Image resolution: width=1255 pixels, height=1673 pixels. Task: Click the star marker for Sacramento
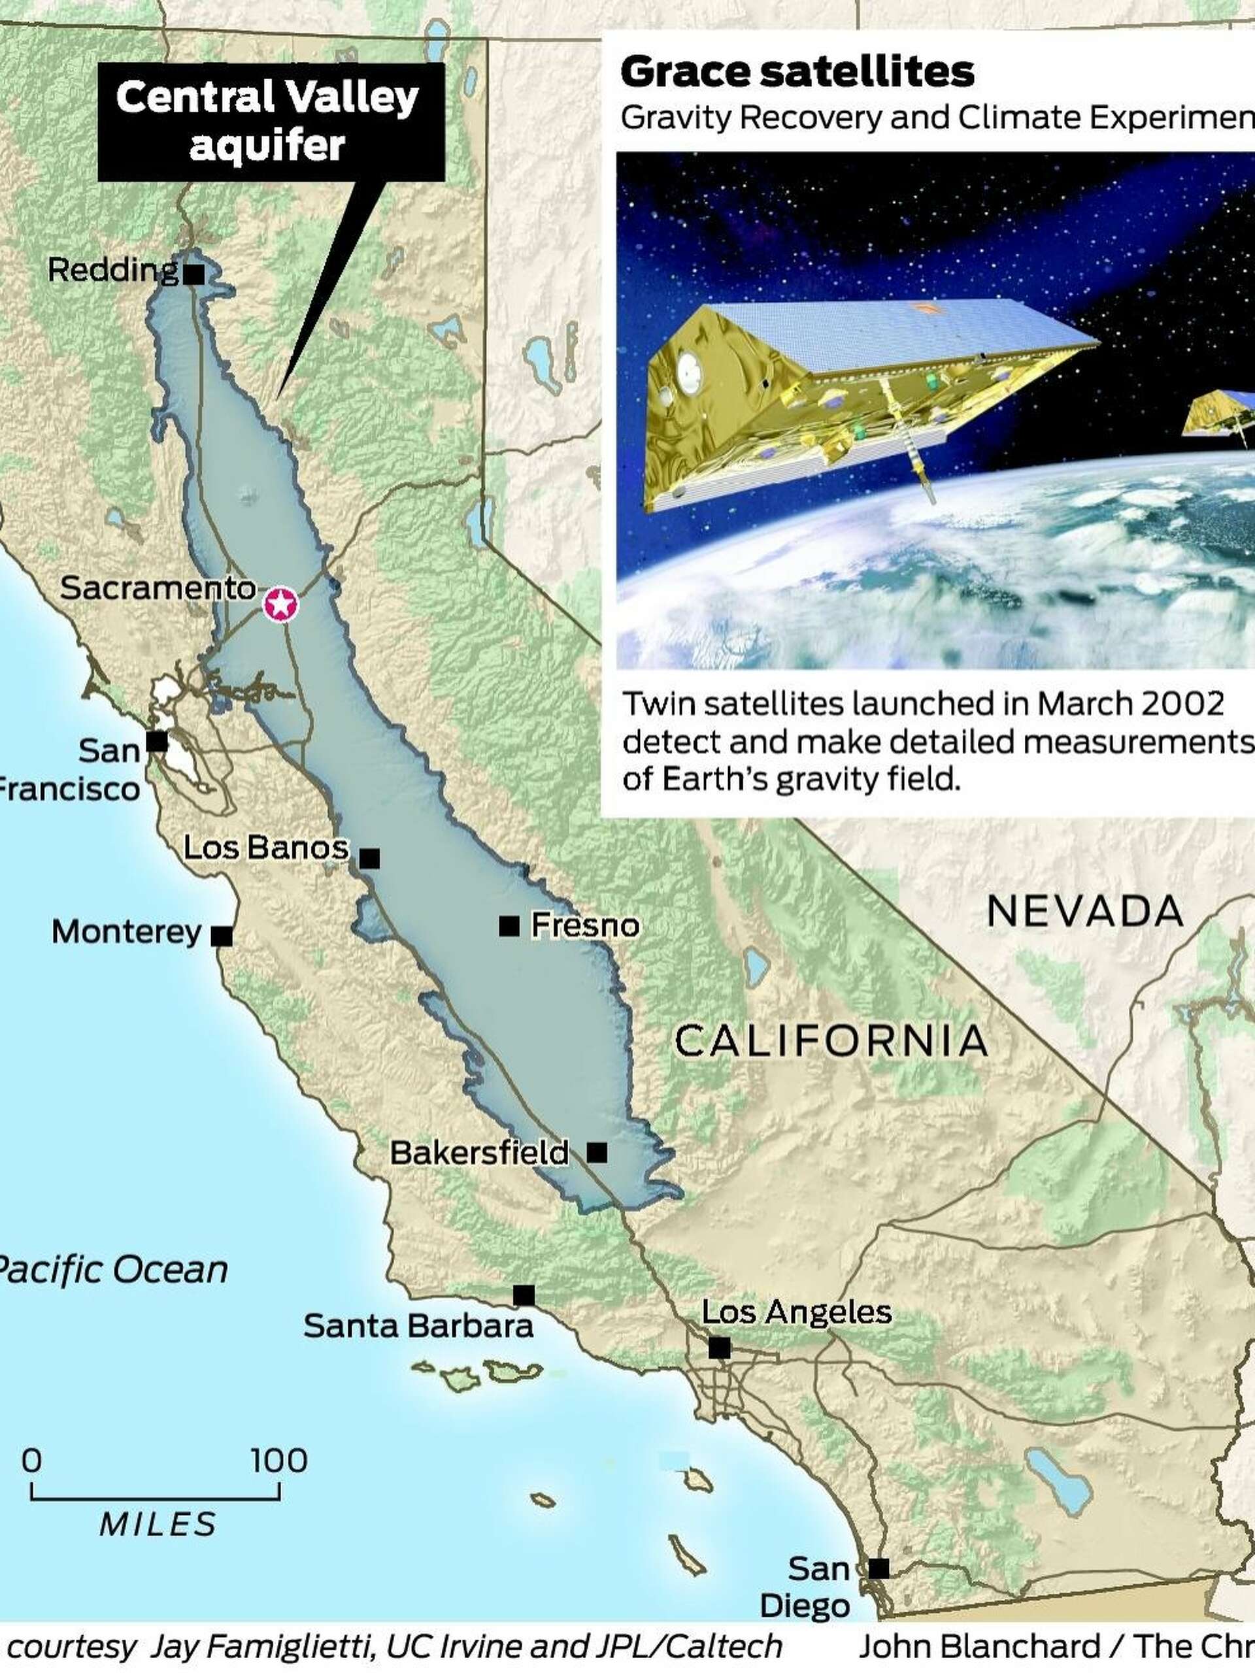click(280, 605)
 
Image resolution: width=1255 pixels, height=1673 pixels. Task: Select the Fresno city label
click(585, 925)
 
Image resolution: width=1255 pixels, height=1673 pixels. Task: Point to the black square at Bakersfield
click(597, 1153)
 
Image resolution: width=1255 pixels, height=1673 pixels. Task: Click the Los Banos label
click(265, 848)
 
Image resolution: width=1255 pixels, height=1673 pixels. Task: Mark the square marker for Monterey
click(222, 936)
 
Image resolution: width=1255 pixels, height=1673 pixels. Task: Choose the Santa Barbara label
click(418, 1326)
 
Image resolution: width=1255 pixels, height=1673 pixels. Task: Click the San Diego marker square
click(878, 1568)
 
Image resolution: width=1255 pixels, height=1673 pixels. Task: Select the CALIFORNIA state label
click(831, 1042)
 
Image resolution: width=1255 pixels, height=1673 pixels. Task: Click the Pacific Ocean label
click(111, 1270)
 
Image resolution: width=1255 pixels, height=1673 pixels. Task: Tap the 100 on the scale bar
click(279, 1461)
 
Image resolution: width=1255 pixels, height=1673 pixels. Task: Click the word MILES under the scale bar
click(158, 1524)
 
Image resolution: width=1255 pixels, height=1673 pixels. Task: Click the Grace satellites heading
click(797, 73)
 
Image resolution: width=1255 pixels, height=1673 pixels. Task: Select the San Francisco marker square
click(157, 741)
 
